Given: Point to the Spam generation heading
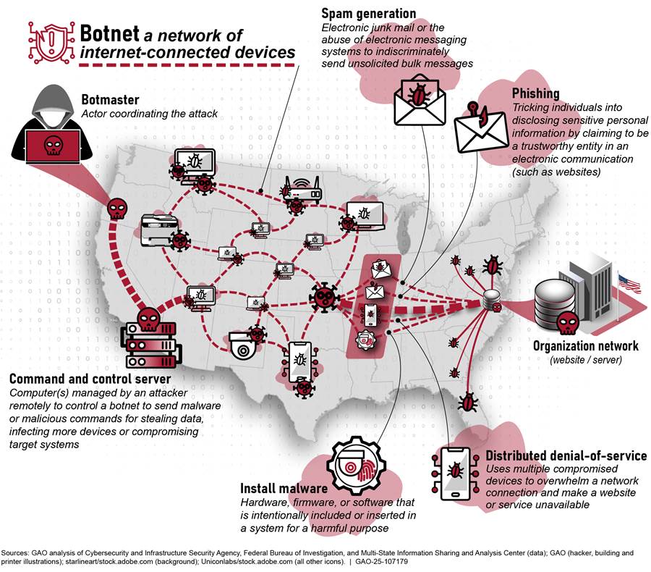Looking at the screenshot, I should click(369, 13).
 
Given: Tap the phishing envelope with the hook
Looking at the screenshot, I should click(479, 130).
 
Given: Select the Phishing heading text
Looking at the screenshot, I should click(535, 93).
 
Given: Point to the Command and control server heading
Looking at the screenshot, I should click(90, 379).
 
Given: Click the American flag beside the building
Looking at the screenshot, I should click(629, 283).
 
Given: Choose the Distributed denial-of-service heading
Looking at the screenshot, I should click(566, 455).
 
